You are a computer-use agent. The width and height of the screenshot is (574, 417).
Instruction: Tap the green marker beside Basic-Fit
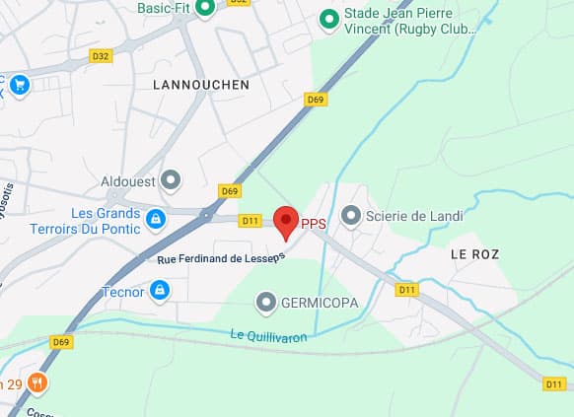click(205, 7)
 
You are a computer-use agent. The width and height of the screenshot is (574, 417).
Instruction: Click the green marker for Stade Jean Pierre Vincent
click(330, 17)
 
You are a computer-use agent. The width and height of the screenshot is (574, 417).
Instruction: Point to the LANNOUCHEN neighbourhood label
click(201, 85)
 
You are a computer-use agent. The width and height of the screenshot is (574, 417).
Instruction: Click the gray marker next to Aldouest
click(172, 180)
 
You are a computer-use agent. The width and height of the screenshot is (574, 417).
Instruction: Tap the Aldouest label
click(128, 181)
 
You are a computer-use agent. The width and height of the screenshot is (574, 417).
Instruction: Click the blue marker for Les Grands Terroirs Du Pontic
click(155, 218)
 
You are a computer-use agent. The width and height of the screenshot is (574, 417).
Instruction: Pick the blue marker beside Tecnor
click(159, 290)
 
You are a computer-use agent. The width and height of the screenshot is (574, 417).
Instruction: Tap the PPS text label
click(314, 224)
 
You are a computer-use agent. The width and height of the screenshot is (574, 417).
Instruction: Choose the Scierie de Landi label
click(406, 215)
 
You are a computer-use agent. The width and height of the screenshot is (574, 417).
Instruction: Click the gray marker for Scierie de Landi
click(350, 215)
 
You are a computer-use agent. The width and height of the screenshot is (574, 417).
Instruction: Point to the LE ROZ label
click(474, 254)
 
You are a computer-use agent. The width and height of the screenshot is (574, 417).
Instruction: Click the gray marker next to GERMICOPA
click(265, 301)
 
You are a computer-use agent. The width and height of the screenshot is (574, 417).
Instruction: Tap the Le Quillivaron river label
click(268, 336)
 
